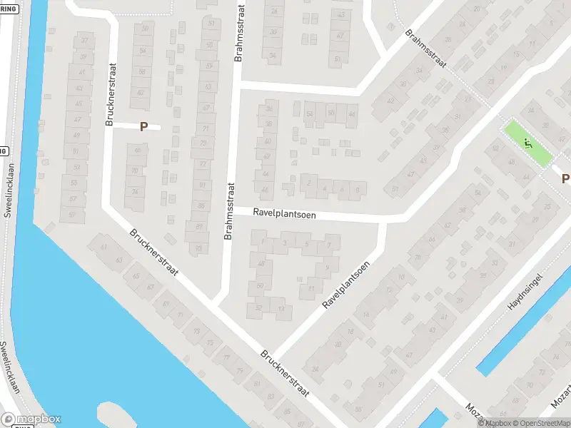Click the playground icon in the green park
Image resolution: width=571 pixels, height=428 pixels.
pos(528,143)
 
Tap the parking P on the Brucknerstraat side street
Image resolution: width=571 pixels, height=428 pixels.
pos(143,127)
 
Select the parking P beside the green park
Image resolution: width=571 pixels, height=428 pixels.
pos(565,178)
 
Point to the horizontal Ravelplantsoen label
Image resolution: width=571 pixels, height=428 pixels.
pos(284,214)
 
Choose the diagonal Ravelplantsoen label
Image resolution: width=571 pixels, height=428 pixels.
pos(345,285)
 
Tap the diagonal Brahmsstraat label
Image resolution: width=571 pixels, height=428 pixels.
pos(425,49)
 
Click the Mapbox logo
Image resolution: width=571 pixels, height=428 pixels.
pos(31,419)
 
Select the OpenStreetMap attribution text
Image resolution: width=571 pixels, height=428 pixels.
pos(537,423)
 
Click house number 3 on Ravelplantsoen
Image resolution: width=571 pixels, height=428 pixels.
pos(285,243)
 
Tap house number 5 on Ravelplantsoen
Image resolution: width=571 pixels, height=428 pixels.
pos(307,245)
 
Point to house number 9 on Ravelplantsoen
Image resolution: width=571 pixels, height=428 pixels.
pos(327,268)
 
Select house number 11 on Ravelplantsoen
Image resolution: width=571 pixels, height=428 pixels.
pos(311,289)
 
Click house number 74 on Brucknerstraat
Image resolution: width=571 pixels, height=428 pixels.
pos(134,193)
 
